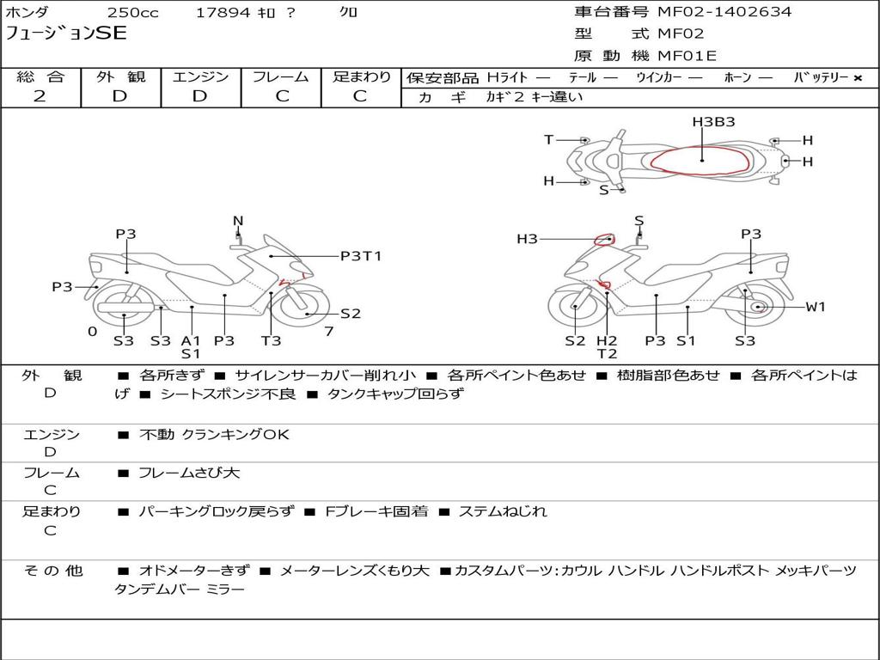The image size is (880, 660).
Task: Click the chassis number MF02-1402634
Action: (724, 11)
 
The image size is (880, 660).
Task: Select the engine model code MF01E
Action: (687, 56)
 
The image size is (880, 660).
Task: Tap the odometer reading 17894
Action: (223, 12)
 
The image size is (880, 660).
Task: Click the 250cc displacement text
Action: (133, 12)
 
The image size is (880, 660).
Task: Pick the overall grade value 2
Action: (40, 96)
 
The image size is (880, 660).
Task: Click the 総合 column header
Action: (40, 76)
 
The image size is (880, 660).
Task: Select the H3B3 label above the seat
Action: (713, 122)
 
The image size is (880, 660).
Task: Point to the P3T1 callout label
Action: (361, 256)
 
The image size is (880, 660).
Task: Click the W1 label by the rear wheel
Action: (816, 307)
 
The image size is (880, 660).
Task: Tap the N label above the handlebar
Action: (238, 221)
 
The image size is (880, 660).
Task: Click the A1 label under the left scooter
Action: (191, 340)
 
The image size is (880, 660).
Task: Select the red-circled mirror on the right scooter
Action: (604, 241)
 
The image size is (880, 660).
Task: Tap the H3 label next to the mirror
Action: (527, 239)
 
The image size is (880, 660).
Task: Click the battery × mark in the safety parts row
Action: (858, 78)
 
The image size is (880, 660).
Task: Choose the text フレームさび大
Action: (189, 474)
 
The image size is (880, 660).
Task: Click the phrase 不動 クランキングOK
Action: (214, 434)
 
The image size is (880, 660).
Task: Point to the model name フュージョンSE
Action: (65, 34)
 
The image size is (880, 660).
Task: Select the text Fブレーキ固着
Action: (376, 512)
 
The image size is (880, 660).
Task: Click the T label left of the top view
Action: (549, 139)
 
